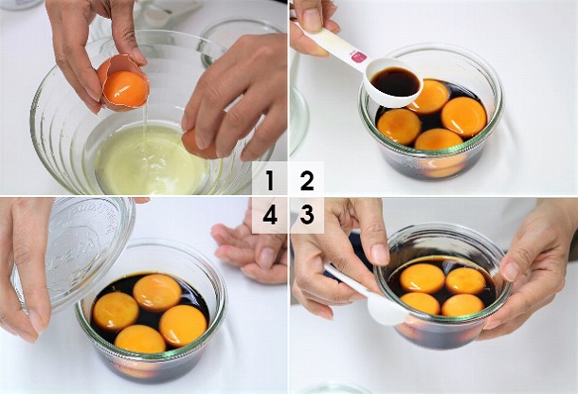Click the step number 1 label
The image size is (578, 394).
(270, 180)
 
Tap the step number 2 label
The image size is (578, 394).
(307, 180)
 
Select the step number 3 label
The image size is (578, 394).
(307, 214)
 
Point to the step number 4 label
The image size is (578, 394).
(270, 214)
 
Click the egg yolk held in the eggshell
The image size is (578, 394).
(126, 89)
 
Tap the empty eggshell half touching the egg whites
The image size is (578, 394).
(198, 144)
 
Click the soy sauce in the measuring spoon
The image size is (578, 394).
(395, 81)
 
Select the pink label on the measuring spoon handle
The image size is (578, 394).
(359, 57)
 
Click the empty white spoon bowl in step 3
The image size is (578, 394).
(387, 310)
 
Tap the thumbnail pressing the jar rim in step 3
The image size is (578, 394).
(380, 255)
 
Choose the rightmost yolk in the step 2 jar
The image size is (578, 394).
(463, 116)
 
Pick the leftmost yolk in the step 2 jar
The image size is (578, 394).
(399, 126)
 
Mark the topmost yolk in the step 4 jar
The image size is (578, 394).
(157, 293)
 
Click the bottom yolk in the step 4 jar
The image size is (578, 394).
(140, 339)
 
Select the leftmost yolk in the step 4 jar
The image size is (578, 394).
(116, 311)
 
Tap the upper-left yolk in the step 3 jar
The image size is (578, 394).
(422, 278)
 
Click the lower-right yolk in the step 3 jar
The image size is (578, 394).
(462, 305)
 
